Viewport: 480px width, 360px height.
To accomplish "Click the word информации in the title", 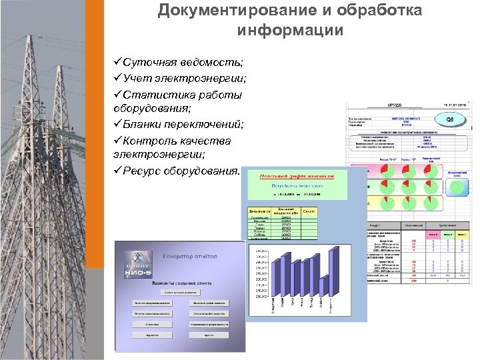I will [290, 31].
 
